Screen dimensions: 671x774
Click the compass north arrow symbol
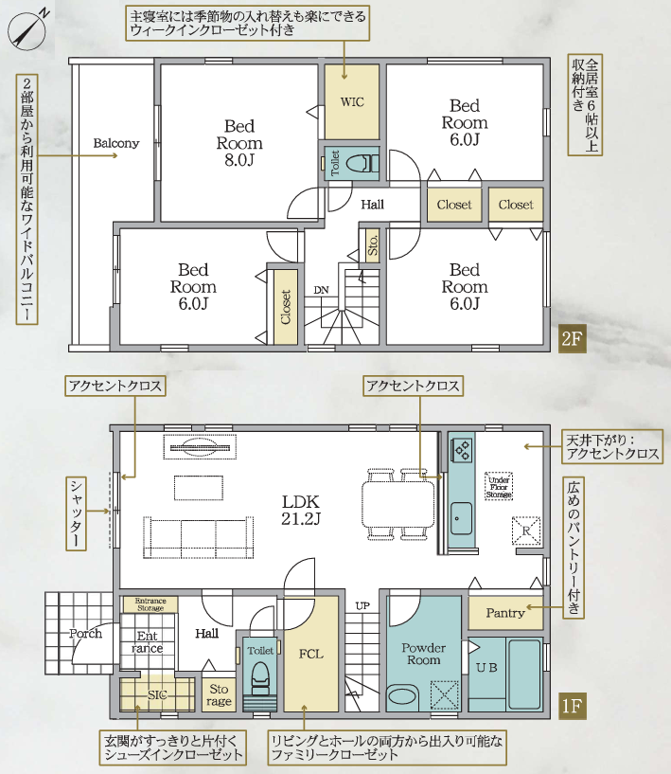click(x=26, y=29)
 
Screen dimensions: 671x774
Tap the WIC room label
click(x=352, y=102)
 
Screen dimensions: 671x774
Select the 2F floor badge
click(x=572, y=339)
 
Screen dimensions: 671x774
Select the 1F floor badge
click(x=572, y=706)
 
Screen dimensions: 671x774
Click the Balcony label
click(x=116, y=143)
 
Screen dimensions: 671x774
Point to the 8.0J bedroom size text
click(x=239, y=160)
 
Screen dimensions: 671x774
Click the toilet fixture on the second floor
click(x=361, y=163)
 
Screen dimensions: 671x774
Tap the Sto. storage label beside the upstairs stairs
click(x=373, y=244)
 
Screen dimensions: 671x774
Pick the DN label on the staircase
click(x=321, y=290)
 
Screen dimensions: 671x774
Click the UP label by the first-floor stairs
click(x=362, y=605)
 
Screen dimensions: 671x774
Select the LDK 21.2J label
click(x=301, y=511)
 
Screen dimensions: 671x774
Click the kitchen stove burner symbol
click(x=463, y=450)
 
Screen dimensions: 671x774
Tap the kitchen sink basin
click(x=461, y=518)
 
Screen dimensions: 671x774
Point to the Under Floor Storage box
click(x=499, y=487)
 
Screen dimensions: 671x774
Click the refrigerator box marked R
click(x=526, y=531)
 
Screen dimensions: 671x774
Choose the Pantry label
click(x=505, y=613)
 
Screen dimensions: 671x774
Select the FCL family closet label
click(x=311, y=654)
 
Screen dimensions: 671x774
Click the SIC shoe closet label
click(x=157, y=695)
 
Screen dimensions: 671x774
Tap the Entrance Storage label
click(x=150, y=604)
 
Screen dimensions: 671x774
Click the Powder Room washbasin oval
click(x=402, y=696)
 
